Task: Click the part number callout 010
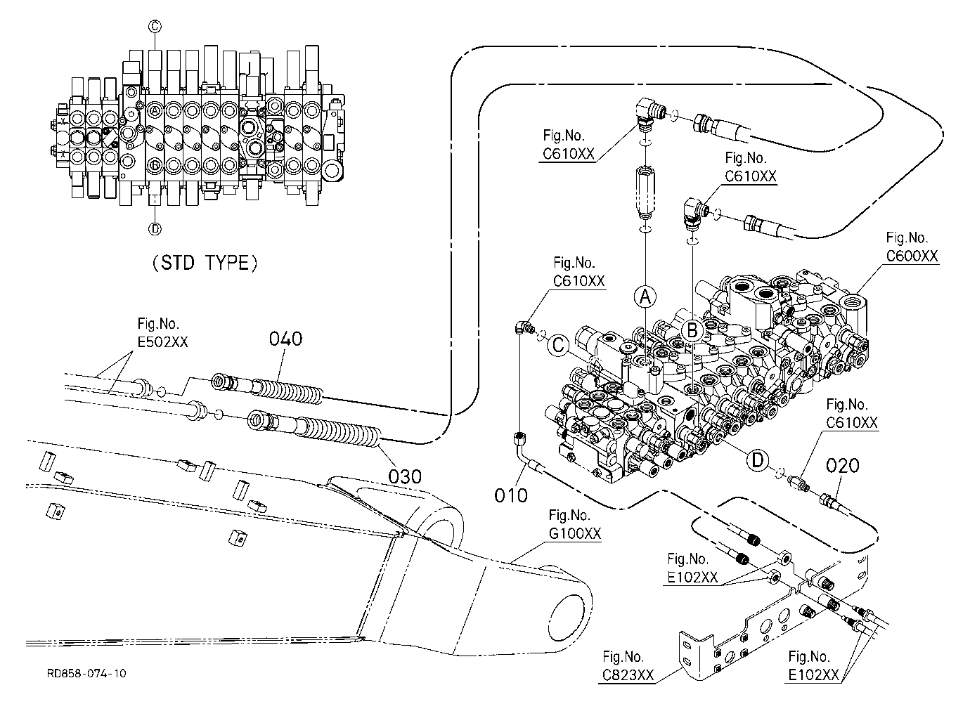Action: click(x=511, y=495)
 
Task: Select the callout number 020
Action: click(x=842, y=466)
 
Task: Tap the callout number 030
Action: click(x=405, y=476)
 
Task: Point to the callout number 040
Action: click(x=286, y=339)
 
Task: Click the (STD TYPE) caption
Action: click(x=205, y=263)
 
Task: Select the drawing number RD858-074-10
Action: click(x=86, y=673)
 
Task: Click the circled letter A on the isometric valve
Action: click(x=645, y=297)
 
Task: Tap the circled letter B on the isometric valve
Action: click(x=692, y=331)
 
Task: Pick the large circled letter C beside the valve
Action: click(x=559, y=345)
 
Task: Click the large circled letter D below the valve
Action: click(x=758, y=459)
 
